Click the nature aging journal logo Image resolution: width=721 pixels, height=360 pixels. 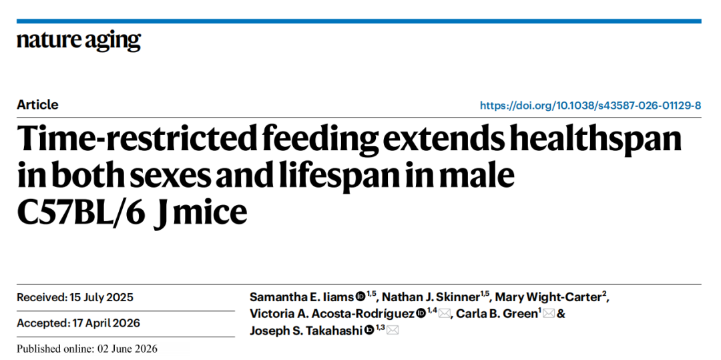point(79,41)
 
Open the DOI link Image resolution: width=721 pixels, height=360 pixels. point(590,106)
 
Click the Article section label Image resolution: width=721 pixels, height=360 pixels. point(37,105)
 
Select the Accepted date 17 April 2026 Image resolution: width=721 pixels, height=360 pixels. point(106,323)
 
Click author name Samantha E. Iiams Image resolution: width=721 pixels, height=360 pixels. point(302,297)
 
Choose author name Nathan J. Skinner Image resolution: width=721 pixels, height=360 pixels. point(431,297)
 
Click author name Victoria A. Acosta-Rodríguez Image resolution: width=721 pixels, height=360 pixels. point(332,314)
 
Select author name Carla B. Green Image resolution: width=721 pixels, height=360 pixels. point(496,314)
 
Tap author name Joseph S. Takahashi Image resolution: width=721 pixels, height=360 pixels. point(306,330)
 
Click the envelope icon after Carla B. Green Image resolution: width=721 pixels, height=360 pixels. point(549,314)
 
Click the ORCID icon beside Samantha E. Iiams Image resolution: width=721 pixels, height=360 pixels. point(360,297)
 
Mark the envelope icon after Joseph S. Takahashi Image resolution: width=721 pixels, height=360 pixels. point(393,330)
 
